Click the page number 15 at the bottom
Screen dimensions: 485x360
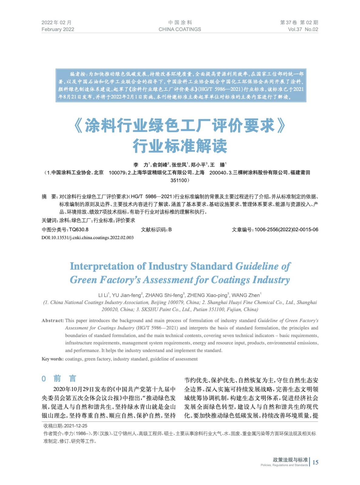315,462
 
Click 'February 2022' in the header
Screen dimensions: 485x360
58,29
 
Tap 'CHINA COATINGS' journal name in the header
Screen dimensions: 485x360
180,29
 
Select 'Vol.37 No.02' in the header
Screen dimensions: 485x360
303,29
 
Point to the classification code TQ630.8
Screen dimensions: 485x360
79,229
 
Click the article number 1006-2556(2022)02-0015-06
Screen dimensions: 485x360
286,229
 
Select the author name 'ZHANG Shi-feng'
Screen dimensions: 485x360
164,295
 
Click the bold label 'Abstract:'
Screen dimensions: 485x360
53,320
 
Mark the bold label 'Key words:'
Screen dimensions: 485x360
52,359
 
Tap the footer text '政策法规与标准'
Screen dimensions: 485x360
290,460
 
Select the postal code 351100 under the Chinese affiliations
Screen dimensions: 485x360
179,180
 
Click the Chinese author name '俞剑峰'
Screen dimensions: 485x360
160,165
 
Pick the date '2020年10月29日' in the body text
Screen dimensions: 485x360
74,389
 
